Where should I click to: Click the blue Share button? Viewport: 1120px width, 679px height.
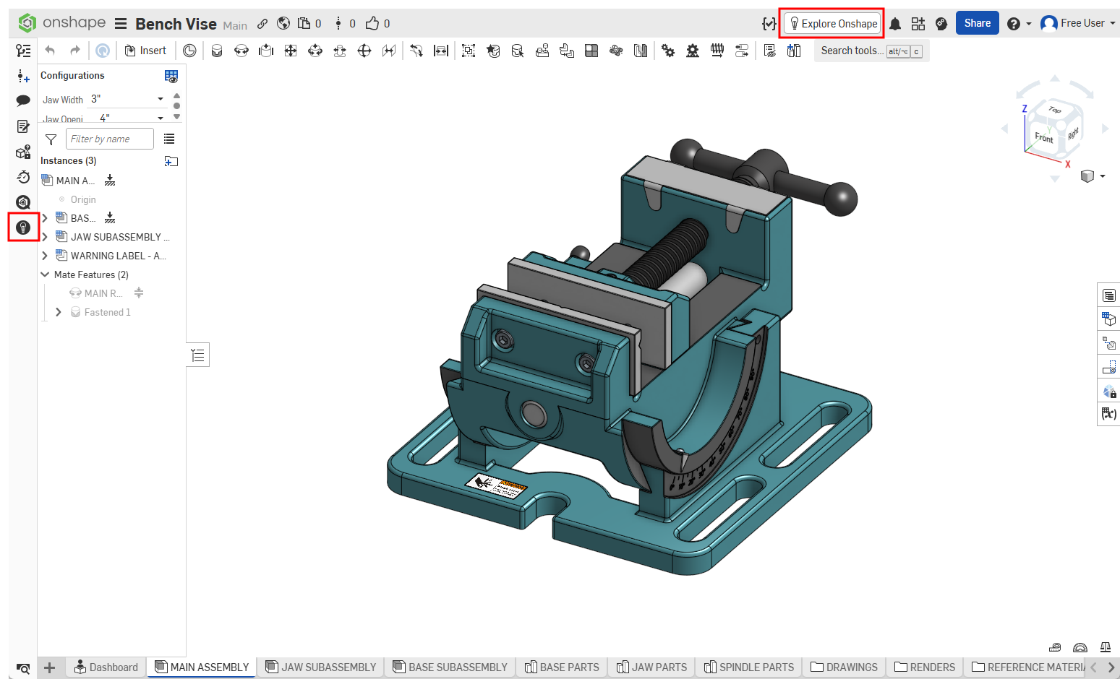[x=977, y=23]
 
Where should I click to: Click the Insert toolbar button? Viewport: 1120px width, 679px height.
[x=145, y=51]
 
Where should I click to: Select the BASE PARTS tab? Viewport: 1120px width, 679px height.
[x=562, y=667]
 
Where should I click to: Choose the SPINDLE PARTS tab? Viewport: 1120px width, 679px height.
[x=749, y=667]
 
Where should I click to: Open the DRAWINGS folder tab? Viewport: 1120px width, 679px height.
[x=845, y=667]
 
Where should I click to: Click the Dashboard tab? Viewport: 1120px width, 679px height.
[x=106, y=667]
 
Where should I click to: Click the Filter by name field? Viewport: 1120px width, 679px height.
[x=109, y=139]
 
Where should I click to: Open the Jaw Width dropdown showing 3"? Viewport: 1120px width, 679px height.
[x=127, y=99]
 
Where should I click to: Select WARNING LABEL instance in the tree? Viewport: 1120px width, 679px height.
[x=118, y=256]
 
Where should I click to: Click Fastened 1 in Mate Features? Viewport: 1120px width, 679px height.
[x=107, y=312]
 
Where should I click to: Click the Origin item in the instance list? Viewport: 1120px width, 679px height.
[x=83, y=199]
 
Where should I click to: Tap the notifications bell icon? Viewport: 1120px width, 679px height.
[x=895, y=24]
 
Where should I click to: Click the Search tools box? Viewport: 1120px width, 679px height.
[x=851, y=51]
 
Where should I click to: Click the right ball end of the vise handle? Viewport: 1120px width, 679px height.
[x=839, y=199]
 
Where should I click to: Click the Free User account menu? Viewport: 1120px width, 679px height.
[x=1077, y=23]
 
